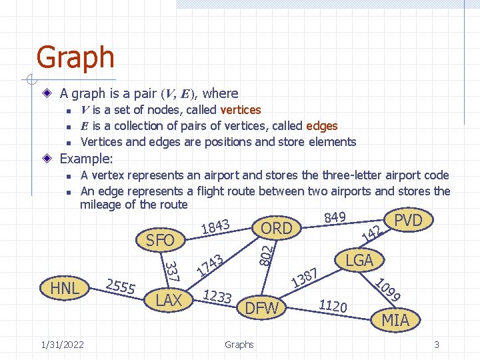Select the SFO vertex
coord(160,241)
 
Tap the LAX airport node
coord(169,301)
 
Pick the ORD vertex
coord(277,228)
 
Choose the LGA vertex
coord(359,260)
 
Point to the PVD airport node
coord(409,220)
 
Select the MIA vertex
coord(395,321)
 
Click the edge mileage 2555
coord(121,285)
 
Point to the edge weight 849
coord(334,217)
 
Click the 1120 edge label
coord(333,306)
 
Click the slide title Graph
coord(75,57)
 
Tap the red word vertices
coord(240,110)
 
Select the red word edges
coord(321,126)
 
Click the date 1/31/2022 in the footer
coord(62,345)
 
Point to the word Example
coord(86,159)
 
